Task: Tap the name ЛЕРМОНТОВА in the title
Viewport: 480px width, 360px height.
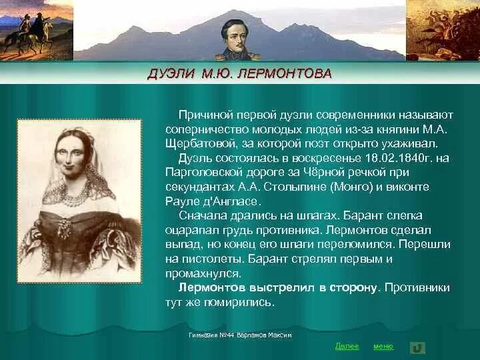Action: tap(291, 73)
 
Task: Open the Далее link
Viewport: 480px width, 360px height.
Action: tap(347, 346)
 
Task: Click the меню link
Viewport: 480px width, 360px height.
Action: tap(383, 346)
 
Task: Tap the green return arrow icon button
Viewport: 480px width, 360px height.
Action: tap(418, 347)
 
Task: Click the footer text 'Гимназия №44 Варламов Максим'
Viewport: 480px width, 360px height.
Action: tap(240, 335)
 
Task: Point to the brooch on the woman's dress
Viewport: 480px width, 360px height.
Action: tap(65, 228)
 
